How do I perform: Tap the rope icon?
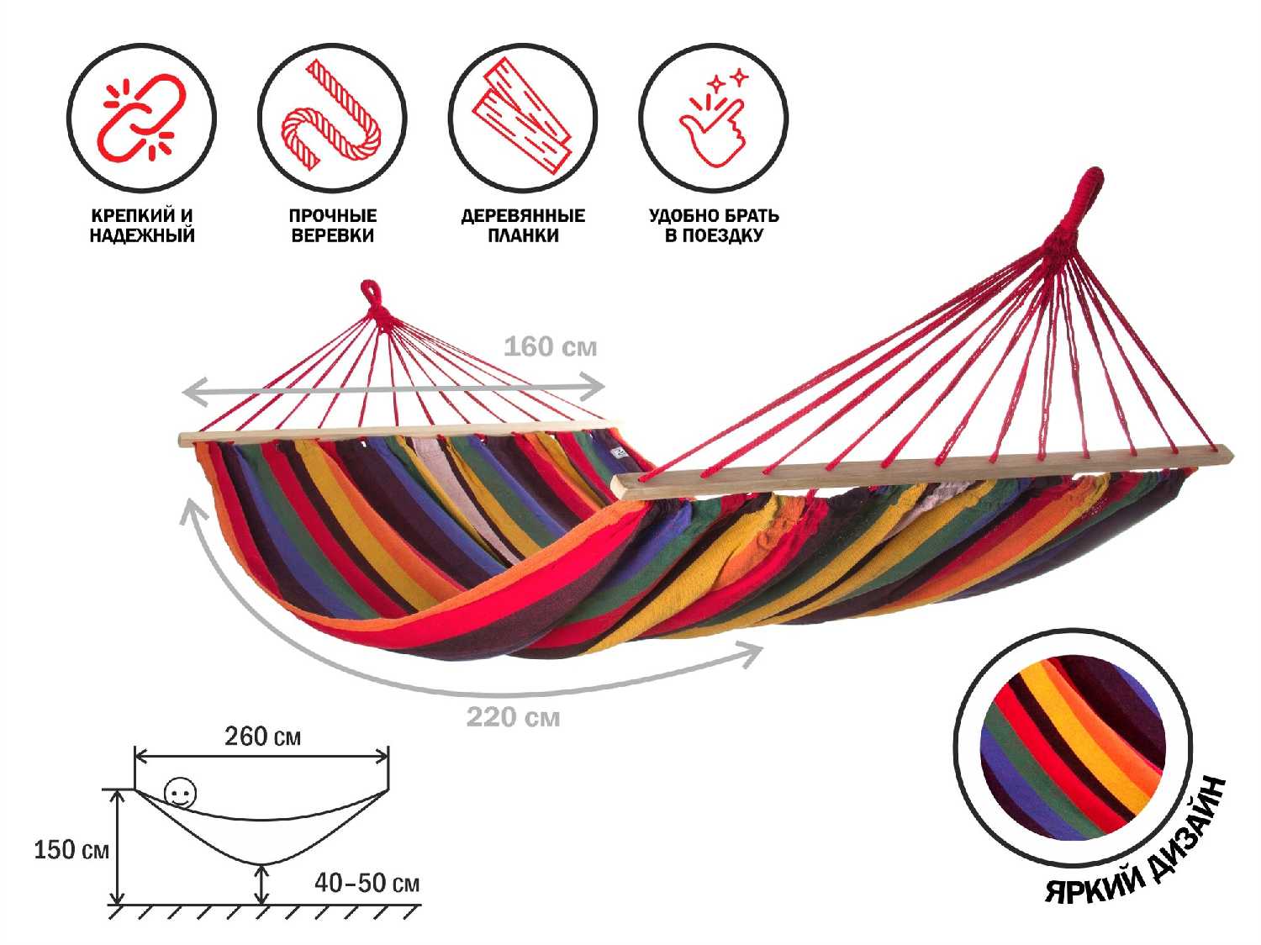332,117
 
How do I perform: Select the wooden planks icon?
522,117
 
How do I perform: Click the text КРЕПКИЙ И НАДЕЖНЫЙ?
141,225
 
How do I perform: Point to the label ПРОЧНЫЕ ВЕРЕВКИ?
332,225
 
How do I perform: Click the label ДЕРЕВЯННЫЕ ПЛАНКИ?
522,225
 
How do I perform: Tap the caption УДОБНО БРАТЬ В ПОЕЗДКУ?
713,225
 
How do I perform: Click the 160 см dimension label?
550,346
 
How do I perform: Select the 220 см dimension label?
513,717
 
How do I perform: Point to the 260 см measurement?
262,736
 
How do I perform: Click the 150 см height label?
71,849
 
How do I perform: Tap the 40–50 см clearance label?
367,883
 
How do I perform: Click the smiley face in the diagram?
180,793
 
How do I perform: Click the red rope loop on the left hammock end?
371,296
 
